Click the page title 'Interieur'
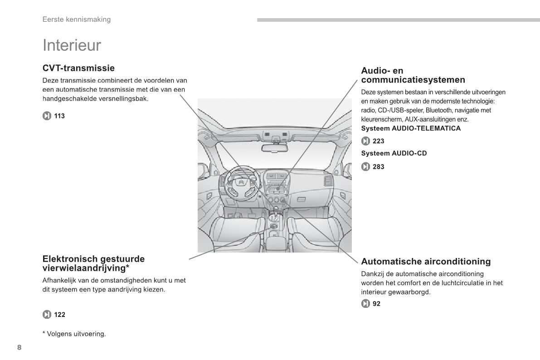tap(72, 45)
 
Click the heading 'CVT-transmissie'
tap(78, 68)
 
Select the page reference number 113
tap(59, 116)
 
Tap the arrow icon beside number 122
tap(47, 315)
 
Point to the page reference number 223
tap(378, 141)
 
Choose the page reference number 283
tap(378, 167)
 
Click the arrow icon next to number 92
tap(365, 304)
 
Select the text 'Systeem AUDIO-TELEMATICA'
tap(410, 128)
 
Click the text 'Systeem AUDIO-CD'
tap(394, 154)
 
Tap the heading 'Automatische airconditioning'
tap(426, 262)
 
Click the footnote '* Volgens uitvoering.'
tap(74, 334)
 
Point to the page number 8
tap(19, 347)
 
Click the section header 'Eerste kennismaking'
tap(76, 19)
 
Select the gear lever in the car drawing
tap(275, 211)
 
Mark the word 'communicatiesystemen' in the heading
tap(413, 80)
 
